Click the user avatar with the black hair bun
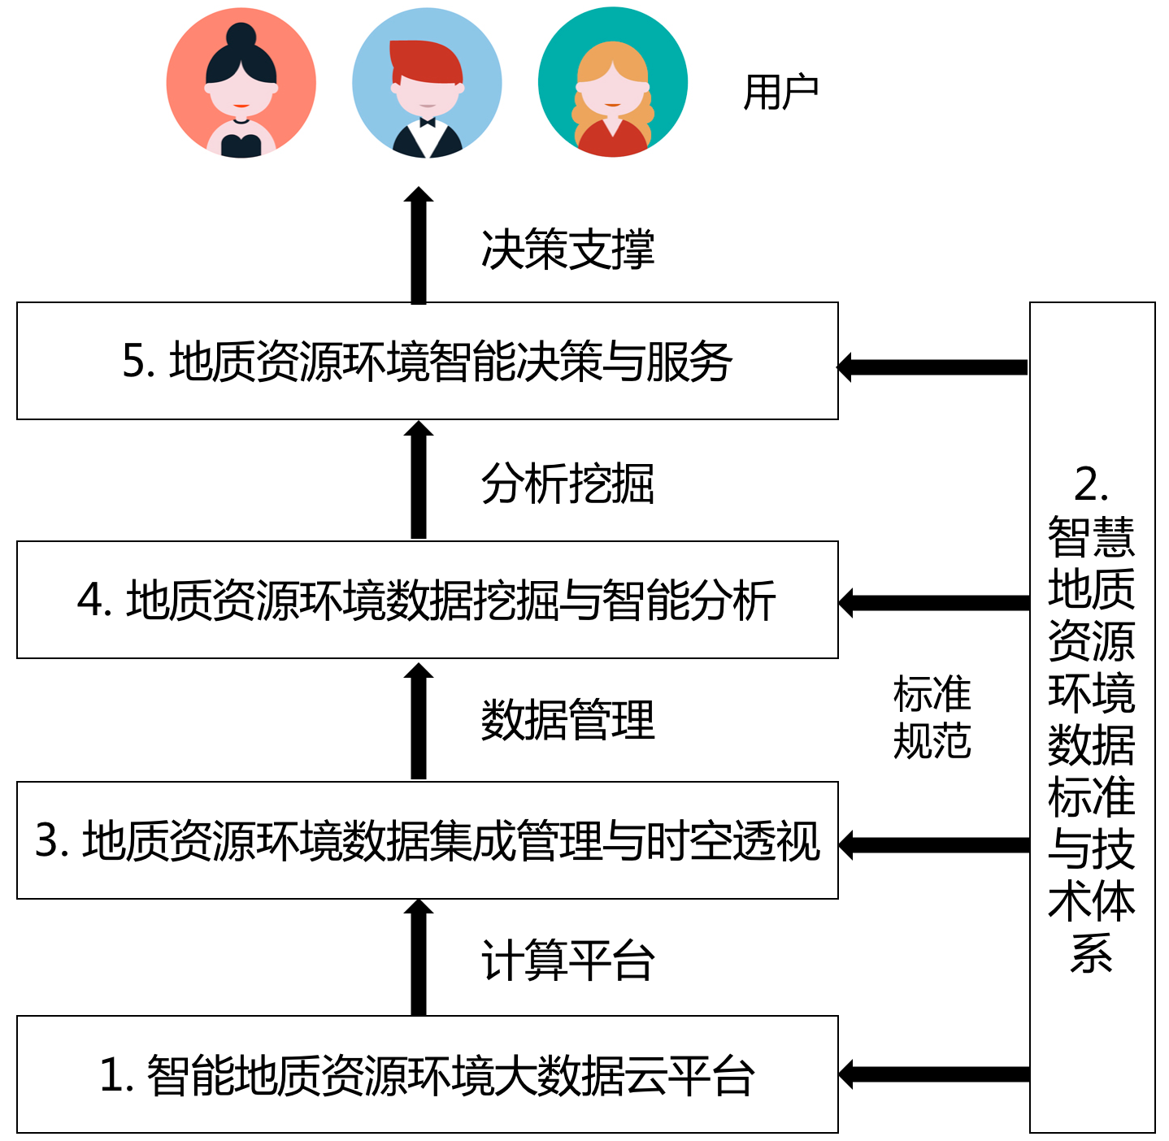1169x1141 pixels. click(241, 83)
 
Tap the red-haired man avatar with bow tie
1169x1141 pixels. click(427, 83)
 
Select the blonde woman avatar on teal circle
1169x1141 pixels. click(613, 83)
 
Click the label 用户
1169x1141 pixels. click(780, 92)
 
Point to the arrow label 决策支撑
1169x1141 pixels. click(567, 249)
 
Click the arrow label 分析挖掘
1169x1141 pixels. click(567, 484)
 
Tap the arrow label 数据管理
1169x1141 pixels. click(567, 720)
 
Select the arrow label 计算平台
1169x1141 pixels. click(567, 960)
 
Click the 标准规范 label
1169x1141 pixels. click(932, 718)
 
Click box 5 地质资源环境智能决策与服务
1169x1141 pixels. click(427, 361)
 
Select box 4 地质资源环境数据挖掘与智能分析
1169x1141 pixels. click(427, 600)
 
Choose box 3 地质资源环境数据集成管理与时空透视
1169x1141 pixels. click(427, 840)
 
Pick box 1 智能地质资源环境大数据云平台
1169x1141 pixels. click(427, 1074)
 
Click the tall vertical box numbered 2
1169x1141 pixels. click(1092, 717)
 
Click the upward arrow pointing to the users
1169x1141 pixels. click(419, 245)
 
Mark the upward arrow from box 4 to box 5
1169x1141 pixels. click(419, 480)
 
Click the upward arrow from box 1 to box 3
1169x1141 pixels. click(419, 957)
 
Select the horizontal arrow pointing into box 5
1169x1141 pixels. click(933, 367)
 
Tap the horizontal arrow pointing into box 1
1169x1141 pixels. click(933, 1074)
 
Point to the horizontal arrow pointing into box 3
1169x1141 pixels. click(933, 845)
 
